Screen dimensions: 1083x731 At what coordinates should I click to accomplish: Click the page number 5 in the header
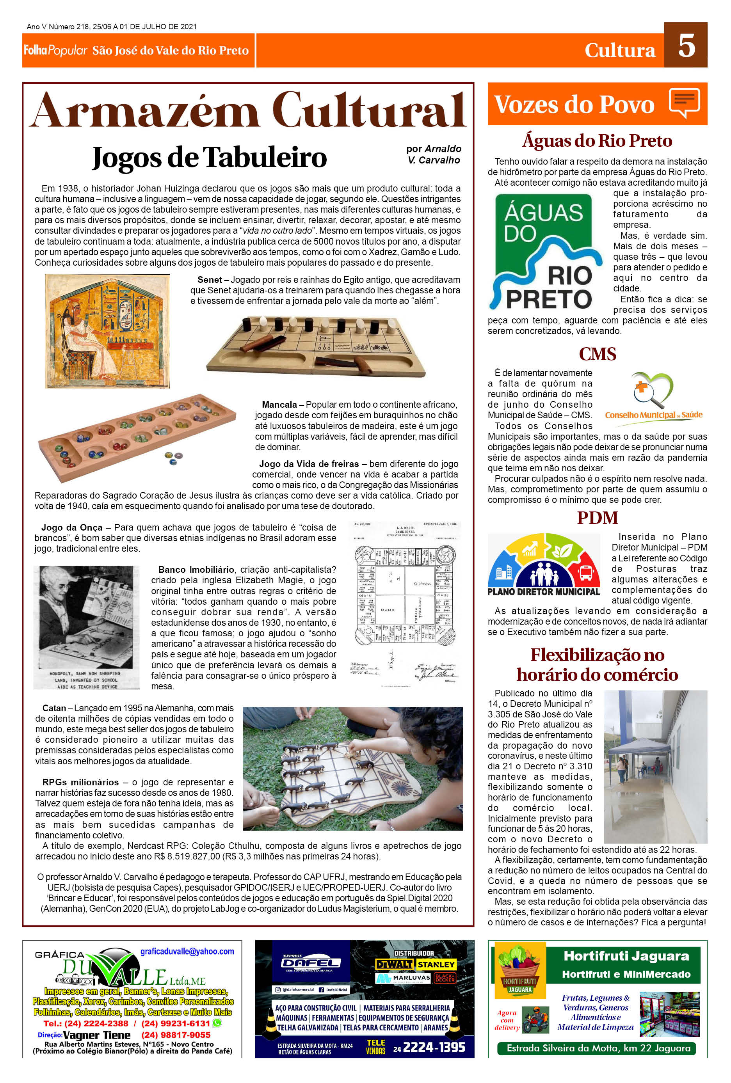(686, 46)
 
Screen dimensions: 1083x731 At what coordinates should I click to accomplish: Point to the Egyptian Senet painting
(107, 331)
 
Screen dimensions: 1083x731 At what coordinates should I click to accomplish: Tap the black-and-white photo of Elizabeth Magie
(87, 627)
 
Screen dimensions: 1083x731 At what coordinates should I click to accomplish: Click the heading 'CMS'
(597, 354)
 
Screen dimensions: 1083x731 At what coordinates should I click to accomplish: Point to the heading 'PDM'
(597, 518)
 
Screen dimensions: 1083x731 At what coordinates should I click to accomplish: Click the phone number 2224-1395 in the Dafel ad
(434, 1047)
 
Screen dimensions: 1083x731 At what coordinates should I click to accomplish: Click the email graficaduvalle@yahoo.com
(187, 952)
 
